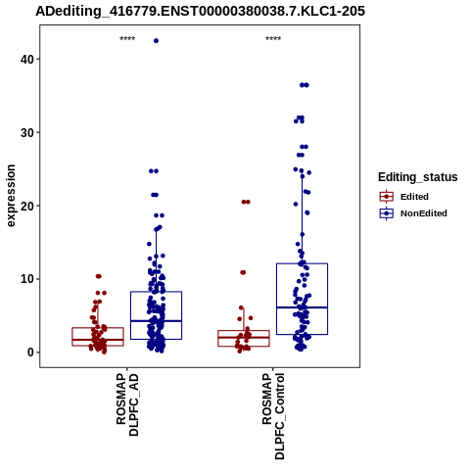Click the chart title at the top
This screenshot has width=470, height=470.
coord(200,12)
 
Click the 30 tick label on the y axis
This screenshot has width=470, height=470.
coord(26,132)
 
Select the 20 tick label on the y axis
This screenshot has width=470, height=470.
coord(26,206)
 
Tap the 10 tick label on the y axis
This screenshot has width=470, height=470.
coord(26,279)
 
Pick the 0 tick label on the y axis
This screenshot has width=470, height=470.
coord(30,352)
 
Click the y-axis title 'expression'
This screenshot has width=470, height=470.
coord(11,196)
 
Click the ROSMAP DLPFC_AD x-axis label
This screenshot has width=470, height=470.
coord(127,404)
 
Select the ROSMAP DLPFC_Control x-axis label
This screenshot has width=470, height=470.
coord(273,416)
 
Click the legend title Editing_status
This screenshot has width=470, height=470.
coord(418,177)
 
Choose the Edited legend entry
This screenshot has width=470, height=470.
coord(404,197)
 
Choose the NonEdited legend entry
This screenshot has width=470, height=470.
coord(413,213)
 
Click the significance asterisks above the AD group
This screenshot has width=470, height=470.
coord(127,39)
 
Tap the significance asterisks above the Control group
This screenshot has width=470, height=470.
coord(273,39)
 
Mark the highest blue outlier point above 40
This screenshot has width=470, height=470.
coord(156,41)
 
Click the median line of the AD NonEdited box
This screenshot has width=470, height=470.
coord(156,321)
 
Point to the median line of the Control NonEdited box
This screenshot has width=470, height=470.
coord(302,307)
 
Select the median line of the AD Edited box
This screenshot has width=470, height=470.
coord(98,340)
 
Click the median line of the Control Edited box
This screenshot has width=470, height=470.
coord(244,338)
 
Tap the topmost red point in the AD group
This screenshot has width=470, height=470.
coord(99,276)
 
